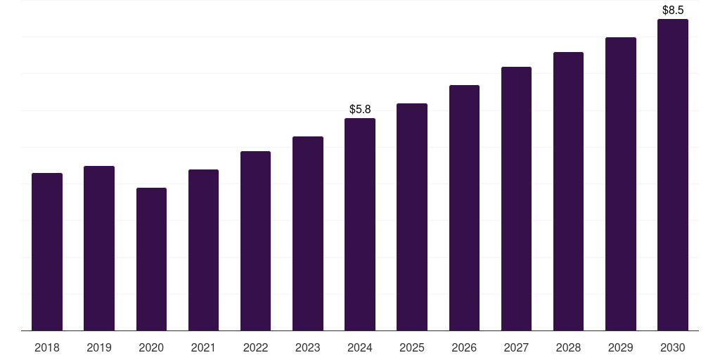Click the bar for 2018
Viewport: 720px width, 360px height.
coord(47,252)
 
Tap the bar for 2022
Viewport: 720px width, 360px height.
coord(255,240)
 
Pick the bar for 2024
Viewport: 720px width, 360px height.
coord(360,224)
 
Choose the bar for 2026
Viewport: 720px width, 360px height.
coord(464,207)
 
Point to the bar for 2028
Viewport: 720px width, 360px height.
coord(568,191)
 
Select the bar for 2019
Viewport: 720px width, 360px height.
coord(99,248)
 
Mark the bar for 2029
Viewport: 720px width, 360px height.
coord(621,184)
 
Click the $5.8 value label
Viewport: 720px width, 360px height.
coord(360,109)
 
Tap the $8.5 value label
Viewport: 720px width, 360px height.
coord(673,11)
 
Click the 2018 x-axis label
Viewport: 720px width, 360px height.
coord(47,348)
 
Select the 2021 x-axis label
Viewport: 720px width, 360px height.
coord(203,348)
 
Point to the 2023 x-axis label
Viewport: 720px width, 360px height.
coord(307,348)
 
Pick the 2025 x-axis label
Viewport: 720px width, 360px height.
coord(412,348)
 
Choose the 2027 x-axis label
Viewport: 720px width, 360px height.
coord(516,348)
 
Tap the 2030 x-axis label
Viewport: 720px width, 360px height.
coord(673,348)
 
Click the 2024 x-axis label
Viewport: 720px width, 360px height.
coord(360,348)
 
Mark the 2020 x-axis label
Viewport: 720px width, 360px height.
coord(151,348)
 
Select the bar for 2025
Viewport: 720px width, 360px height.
coord(412,217)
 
